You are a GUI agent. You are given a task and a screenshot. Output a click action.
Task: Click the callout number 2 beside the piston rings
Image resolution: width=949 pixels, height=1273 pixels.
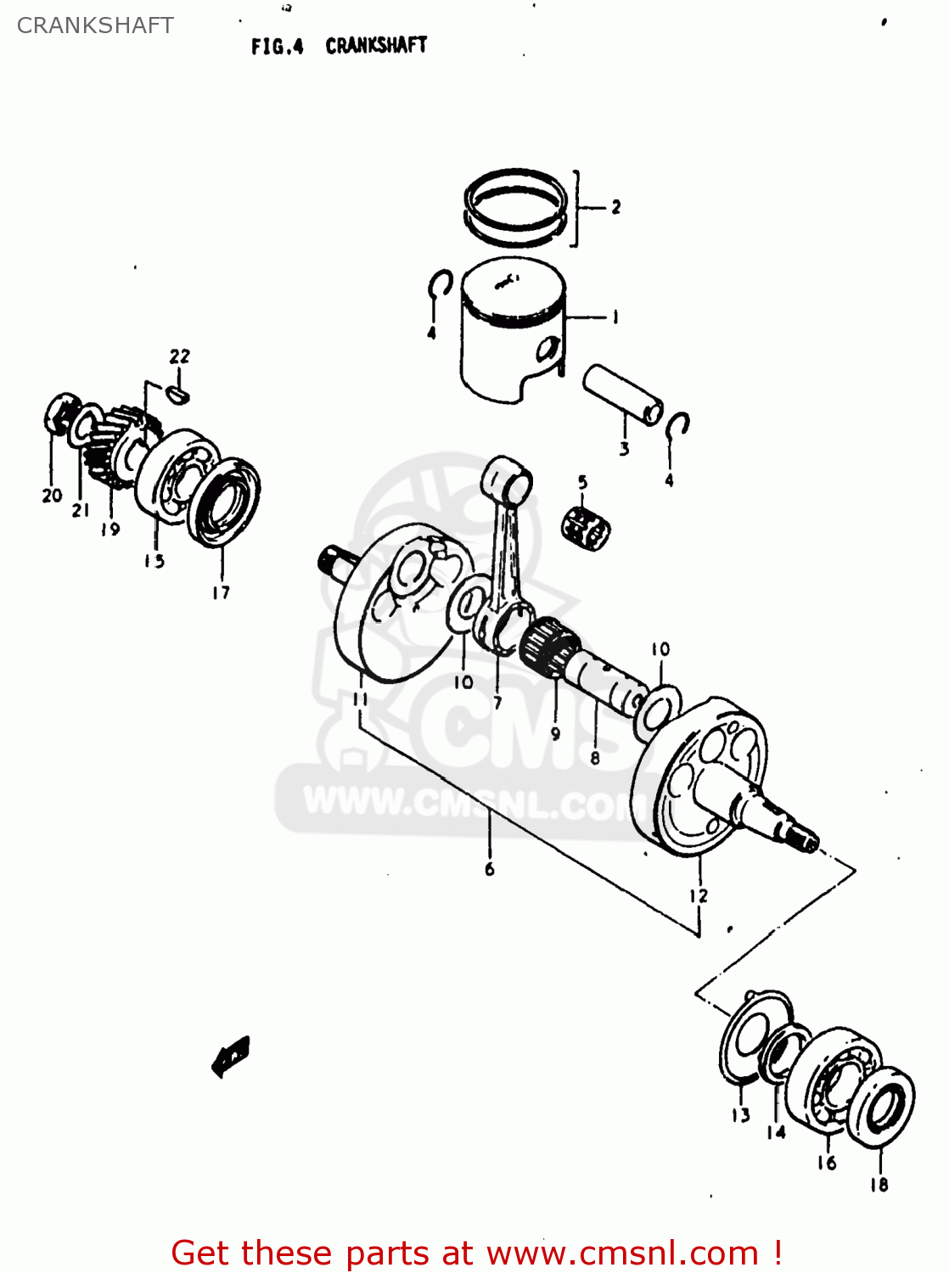click(x=615, y=206)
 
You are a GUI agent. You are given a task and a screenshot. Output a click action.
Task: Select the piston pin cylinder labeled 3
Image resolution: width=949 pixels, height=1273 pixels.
click(x=622, y=395)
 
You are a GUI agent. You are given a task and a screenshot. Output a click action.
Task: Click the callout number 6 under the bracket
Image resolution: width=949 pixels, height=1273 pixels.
click(x=489, y=868)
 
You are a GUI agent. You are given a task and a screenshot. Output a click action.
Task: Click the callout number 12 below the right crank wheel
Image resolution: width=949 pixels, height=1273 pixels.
click(x=698, y=895)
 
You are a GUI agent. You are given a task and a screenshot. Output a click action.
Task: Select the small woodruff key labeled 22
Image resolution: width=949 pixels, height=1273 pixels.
click(x=178, y=393)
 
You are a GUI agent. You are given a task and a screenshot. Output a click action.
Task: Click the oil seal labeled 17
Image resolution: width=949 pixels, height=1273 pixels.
click(x=225, y=502)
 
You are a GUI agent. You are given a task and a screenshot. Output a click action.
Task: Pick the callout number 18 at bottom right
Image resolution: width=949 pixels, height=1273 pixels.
click(x=879, y=1184)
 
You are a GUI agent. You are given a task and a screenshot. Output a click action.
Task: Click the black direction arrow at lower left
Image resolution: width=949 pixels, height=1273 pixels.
click(x=231, y=1056)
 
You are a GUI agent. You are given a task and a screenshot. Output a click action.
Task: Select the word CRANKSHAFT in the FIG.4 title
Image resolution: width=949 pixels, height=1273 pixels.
click(x=376, y=45)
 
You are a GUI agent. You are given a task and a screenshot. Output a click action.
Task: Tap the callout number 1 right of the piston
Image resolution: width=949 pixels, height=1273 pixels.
click(x=615, y=317)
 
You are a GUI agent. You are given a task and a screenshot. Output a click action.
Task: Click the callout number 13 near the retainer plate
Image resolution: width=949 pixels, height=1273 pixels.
click(x=740, y=1114)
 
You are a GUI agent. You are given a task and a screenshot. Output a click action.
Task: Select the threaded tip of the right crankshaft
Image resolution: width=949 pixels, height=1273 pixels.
click(x=801, y=840)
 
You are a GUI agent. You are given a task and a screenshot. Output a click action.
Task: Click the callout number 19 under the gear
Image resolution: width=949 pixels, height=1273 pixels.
click(x=110, y=529)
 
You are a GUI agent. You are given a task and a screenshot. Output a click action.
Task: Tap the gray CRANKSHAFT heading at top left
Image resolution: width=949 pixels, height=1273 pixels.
click(x=95, y=25)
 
